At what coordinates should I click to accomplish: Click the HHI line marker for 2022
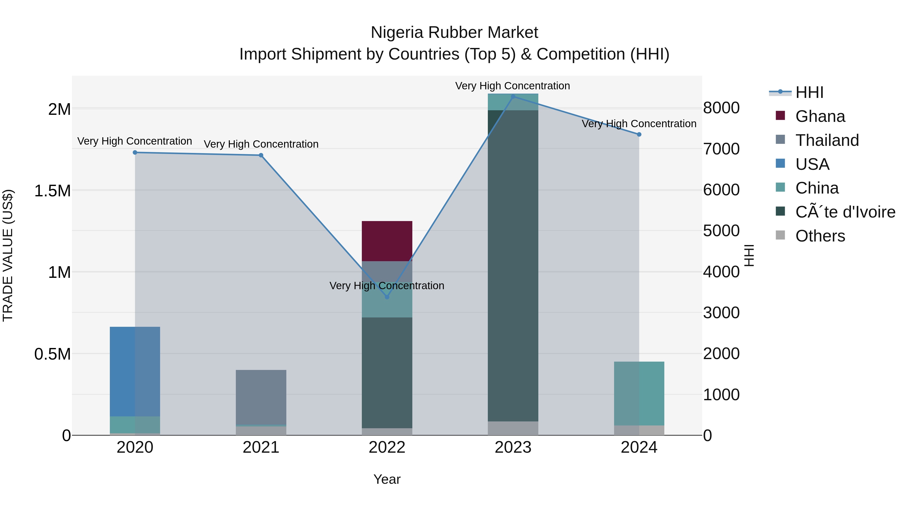pos(387,297)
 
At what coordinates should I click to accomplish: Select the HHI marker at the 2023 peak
pos(513,96)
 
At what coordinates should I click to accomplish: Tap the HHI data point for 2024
pos(639,134)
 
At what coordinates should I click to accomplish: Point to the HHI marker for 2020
pos(135,152)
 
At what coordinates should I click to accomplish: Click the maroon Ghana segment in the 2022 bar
pos(387,241)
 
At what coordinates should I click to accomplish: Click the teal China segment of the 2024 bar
pos(639,393)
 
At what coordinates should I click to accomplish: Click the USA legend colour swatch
pos(780,164)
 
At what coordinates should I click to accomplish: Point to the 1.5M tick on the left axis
pos(53,191)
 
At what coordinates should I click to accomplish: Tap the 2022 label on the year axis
pos(387,447)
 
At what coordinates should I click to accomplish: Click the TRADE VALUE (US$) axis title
pos(8,255)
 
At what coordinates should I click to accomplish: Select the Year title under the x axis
pos(387,479)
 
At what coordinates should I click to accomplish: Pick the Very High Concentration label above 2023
pos(512,86)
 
